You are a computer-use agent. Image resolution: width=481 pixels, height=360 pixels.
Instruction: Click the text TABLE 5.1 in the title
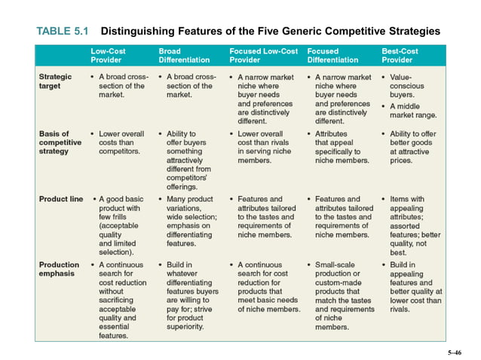tap(63, 32)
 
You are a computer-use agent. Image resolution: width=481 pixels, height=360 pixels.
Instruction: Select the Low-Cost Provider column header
tap(106, 55)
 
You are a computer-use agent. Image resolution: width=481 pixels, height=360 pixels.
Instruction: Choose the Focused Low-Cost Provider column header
tap(263, 55)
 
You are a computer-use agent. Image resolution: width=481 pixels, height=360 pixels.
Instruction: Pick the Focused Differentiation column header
tap(333, 55)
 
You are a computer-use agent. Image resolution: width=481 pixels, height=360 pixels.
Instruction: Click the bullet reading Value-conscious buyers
tap(411, 86)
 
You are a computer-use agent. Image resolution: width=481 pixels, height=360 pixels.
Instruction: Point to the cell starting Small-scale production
tap(341, 296)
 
